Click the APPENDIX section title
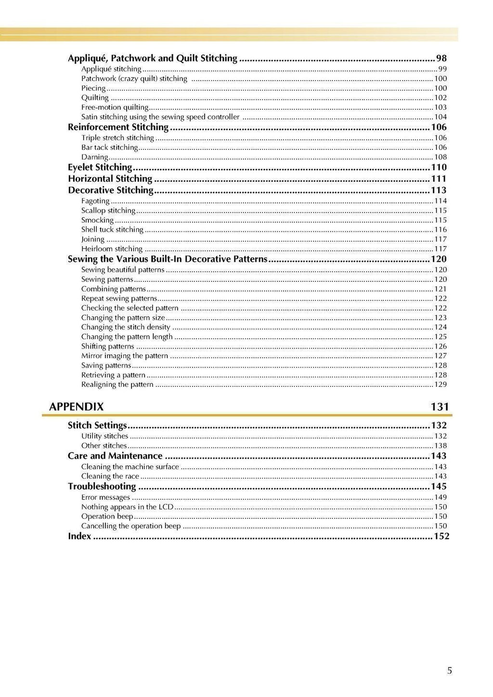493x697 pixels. (76, 407)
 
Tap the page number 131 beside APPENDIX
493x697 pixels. (440, 407)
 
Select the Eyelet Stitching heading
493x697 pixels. (100, 167)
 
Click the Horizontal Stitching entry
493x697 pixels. (110, 179)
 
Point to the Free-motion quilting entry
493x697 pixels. (115, 107)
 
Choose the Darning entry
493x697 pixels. (94, 157)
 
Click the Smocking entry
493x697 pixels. (97, 220)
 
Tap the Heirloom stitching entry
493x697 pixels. (112, 249)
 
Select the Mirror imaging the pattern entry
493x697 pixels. (124, 356)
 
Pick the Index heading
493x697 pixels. (79, 536)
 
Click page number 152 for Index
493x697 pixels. (441, 536)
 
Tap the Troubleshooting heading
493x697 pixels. (102, 486)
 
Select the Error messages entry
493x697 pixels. (105, 497)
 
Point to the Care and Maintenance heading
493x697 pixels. (115, 456)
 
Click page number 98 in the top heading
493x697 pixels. (441, 58)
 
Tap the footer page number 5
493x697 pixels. (449, 671)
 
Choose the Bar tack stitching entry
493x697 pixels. (109, 147)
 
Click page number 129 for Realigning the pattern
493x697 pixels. (440, 384)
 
